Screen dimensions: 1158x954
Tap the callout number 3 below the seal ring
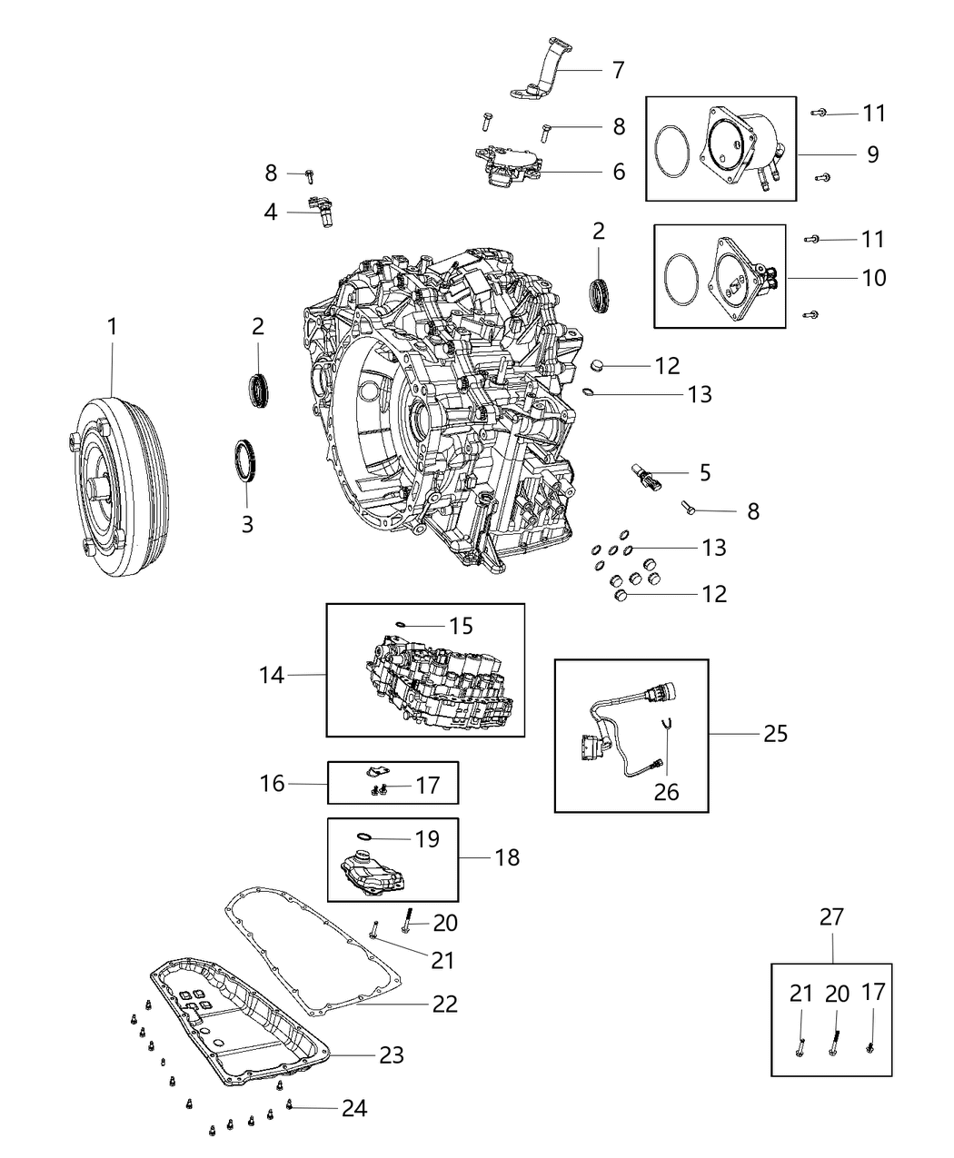(247, 524)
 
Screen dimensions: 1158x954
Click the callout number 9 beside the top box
(872, 154)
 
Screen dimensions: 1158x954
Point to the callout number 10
(873, 277)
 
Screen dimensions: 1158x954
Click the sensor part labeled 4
(321, 211)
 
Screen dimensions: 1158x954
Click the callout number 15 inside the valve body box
(461, 626)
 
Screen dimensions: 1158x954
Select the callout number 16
(273, 783)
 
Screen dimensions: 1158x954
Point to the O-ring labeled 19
(364, 836)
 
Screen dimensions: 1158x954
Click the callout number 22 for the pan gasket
(444, 1004)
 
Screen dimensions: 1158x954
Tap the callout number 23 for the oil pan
(392, 1055)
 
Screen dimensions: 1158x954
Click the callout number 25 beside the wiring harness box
(775, 733)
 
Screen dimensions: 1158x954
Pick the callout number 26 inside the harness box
(666, 792)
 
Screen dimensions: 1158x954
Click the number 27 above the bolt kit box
(831, 917)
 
